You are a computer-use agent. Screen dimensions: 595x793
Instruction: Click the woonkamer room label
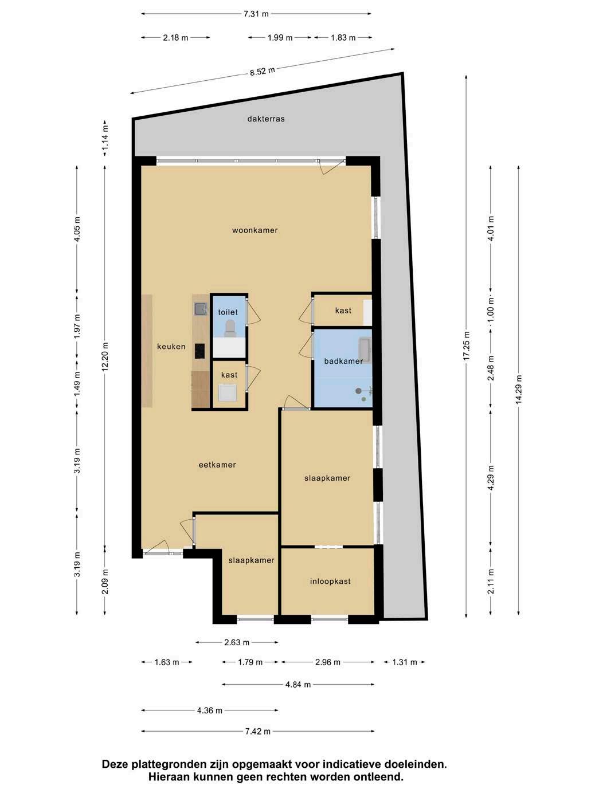pyautogui.click(x=255, y=230)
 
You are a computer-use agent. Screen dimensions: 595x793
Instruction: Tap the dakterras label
pyautogui.click(x=266, y=119)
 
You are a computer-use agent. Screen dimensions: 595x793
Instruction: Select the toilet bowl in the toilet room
pyautogui.click(x=230, y=328)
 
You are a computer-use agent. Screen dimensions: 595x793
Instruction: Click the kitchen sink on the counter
pyautogui.click(x=201, y=308)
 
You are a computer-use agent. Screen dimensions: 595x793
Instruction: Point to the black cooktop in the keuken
pyautogui.click(x=200, y=351)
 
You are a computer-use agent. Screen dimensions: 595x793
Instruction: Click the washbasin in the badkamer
pyautogui.click(x=365, y=350)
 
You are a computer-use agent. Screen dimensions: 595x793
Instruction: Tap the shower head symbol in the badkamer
pyautogui.click(x=359, y=391)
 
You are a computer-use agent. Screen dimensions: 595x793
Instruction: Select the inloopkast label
pyautogui.click(x=330, y=582)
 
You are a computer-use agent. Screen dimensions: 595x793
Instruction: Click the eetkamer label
pyautogui.click(x=217, y=465)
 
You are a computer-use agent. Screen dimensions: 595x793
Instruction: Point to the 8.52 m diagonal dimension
pyautogui.click(x=263, y=71)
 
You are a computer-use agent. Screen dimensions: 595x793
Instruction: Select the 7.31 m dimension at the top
pyautogui.click(x=256, y=14)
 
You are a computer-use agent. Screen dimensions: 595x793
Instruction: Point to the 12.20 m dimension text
pyautogui.click(x=105, y=356)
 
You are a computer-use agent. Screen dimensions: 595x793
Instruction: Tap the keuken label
pyautogui.click(x=171, y=347)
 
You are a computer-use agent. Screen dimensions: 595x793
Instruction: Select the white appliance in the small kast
pyautogui.click(x=228, y=392)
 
